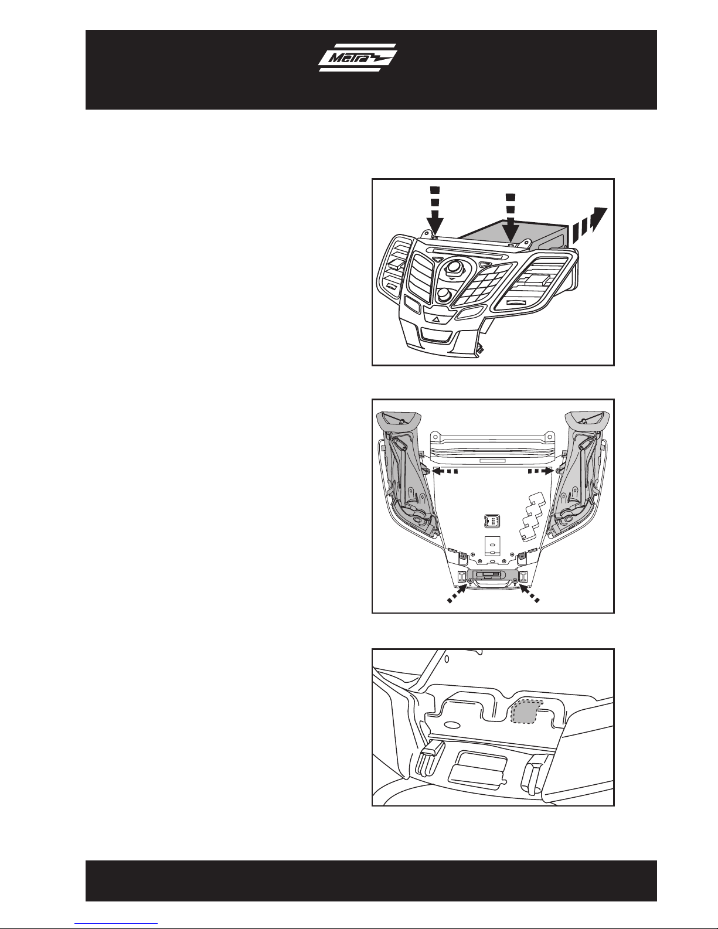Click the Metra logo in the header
pos(358,57)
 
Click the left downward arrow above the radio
pos(435,211)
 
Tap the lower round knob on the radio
pos(444,295)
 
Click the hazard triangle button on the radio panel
pos(435,318)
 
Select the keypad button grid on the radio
pos(483,284)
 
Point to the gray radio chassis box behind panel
pos(522,237)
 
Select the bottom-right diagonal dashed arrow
pos(529,593)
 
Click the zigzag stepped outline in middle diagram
pos(533,516)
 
